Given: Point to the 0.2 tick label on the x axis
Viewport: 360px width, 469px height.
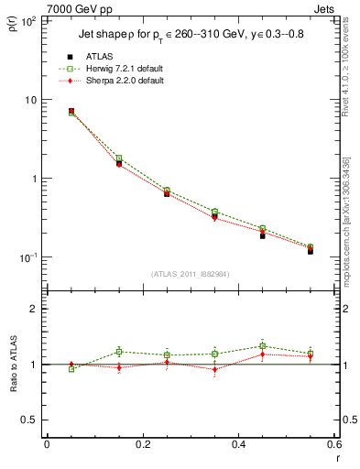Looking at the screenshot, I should (x=142, y=444).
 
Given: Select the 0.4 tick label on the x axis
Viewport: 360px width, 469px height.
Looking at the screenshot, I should (x=239, y=444).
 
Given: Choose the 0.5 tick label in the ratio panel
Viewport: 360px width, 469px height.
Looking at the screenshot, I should (x=29, y=420).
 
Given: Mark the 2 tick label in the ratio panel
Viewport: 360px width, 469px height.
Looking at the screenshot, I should (x=34, y=309).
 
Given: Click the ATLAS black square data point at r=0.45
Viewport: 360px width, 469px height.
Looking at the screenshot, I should (x=263, y=235).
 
